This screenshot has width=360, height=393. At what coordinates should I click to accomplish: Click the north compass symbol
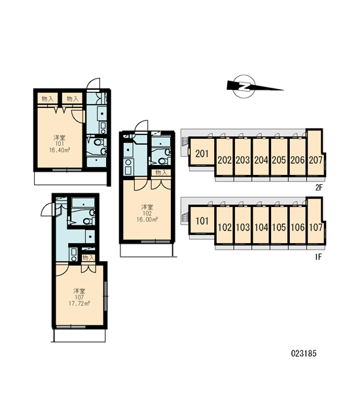(x=243, y=86)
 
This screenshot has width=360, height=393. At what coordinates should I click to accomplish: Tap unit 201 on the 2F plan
(x=202, y=153)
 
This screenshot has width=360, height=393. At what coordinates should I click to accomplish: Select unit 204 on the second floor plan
(x=261, y=160)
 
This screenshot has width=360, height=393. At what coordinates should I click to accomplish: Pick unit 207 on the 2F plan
(x=315, y=160)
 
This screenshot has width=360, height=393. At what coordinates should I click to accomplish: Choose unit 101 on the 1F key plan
(x=202, y=221)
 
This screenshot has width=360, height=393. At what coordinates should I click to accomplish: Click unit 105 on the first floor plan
(x=279, y=227)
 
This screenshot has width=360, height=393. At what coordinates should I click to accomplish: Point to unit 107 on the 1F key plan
(x=315, y=227)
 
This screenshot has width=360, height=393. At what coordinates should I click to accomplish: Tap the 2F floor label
(x=319, y=187)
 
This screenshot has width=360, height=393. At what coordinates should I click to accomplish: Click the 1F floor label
(x=318, y=257)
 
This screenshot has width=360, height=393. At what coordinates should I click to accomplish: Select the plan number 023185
(x=304, y=354)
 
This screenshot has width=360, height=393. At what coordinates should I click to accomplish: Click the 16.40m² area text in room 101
(x=60, y=150)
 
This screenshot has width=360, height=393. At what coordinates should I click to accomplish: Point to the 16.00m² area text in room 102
(x=147, y=219)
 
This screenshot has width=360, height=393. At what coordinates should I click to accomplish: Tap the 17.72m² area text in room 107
(x=79, y=303)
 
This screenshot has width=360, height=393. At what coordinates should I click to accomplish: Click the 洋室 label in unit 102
(x=147, y=207)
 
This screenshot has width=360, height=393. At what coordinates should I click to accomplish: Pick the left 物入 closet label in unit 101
(x=48, y=99)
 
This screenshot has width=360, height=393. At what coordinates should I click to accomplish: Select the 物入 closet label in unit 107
(x=88, y=257)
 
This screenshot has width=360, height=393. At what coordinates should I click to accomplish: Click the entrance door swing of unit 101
(x=93, y=84)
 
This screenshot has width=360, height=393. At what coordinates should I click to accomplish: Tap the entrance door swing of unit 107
(x=48, y=210)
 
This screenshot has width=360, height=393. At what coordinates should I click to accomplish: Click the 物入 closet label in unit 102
(x=161, y=172)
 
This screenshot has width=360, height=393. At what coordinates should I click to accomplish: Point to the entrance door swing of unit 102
(x=141, y=126)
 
